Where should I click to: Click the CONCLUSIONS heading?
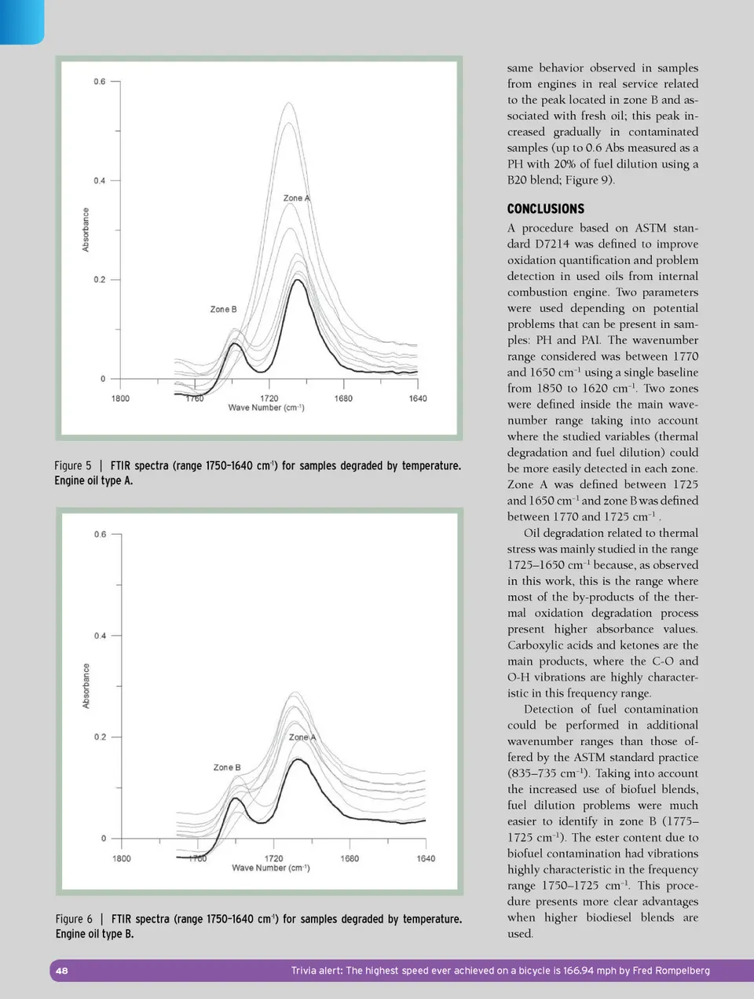pos(545,209)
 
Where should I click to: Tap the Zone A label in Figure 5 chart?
pos(296,198)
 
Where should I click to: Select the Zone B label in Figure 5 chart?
pos(223,309)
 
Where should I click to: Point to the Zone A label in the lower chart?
pos(302,737)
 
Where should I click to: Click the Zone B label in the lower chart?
pos(227,767)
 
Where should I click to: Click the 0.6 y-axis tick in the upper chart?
pos(100,82)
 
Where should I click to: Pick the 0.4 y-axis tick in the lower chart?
pos(100,636)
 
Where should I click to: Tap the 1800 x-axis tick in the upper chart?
pos(120,398)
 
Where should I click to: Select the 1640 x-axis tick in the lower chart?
pos(426,858)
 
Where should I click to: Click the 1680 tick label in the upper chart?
pos(343,398)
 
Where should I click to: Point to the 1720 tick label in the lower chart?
pos(273,858)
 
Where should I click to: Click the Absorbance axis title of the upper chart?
pos(86,230)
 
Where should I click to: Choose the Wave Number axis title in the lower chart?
pos(270,868)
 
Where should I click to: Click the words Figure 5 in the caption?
pos(73,466)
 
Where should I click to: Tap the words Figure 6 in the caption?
pos(74,919)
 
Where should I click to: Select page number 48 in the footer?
pos(62,971)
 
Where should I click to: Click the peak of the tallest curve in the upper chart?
pos(288,103)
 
